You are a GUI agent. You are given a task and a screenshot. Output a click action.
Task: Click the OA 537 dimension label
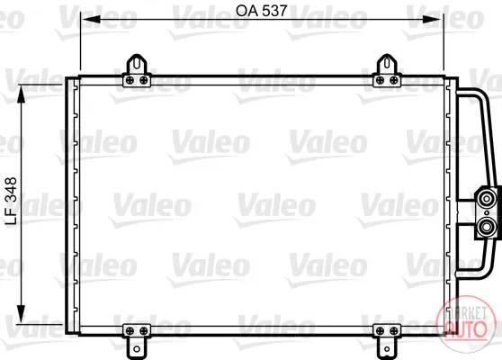click(261, 11)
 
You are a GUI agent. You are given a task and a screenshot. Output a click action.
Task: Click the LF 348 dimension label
click(12, 201)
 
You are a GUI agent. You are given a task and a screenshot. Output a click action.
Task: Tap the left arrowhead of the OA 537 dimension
click(91, 20)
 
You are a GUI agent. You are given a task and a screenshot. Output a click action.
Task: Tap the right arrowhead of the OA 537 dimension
click(433, 20)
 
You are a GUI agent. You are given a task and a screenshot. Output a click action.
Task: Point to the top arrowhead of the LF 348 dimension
click(21, 94)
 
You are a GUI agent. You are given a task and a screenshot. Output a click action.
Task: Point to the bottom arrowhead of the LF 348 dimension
click(21, 314)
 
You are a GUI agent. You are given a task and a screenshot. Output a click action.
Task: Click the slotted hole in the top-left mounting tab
click(137, 63)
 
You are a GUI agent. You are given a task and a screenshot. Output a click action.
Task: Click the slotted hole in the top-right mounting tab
click(387, 63)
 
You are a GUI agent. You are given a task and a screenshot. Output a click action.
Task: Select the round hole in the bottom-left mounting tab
click(137, 349)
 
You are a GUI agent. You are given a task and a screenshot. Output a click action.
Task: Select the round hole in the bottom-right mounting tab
click(387, 349)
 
